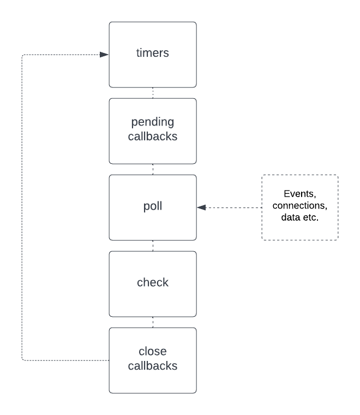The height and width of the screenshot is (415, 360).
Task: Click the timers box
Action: [153, 55]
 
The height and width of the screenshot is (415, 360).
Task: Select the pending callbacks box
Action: [153, 131]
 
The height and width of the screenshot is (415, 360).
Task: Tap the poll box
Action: [153, 207]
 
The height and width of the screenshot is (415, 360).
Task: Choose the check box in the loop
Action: [153, 283]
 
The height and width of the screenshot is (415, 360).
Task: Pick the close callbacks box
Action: [153, 360]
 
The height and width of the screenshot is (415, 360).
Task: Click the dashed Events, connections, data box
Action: [300, 207]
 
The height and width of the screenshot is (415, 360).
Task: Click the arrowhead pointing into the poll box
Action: [201, 207]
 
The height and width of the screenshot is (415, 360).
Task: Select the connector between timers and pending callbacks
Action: [153, 93]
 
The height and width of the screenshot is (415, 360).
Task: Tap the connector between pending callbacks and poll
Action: [153, 169]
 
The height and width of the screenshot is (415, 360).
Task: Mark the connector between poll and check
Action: [153, 246]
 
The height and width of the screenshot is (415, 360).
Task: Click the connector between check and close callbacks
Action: [153, 322]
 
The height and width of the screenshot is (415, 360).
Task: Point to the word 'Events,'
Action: [300, 195]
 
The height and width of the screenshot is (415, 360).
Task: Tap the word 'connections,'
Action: [300, 207]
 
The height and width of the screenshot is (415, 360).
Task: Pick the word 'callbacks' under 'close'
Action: [153, 366]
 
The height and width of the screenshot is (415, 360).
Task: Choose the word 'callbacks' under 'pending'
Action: [153, 137]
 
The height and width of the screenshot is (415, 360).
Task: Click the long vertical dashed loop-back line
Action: [22, 207]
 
